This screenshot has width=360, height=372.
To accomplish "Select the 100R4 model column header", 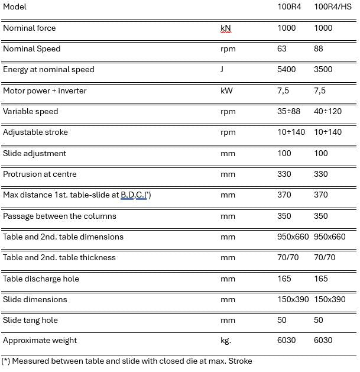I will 289,7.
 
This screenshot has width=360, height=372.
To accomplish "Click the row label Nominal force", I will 30,28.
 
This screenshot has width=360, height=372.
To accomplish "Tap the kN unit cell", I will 225,28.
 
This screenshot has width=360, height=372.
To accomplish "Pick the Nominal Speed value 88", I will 319,48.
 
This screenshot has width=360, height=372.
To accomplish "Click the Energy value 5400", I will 287,69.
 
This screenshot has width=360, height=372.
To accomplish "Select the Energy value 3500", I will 323,69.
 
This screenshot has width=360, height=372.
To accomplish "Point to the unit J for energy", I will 222,69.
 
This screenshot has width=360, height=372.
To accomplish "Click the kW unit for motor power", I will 226,90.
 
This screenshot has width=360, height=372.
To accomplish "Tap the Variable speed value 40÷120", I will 327,111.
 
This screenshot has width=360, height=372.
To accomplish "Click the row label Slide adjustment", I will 34,153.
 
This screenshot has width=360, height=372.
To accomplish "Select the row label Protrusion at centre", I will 40,174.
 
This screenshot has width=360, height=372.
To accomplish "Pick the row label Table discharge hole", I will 41,279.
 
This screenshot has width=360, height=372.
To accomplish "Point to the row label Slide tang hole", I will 30,320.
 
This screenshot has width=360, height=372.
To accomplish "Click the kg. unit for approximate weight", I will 226,340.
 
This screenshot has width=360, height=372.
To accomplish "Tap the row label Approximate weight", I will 40,340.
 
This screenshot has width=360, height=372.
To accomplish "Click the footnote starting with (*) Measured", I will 127,361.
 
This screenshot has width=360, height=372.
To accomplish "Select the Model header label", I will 15,7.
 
